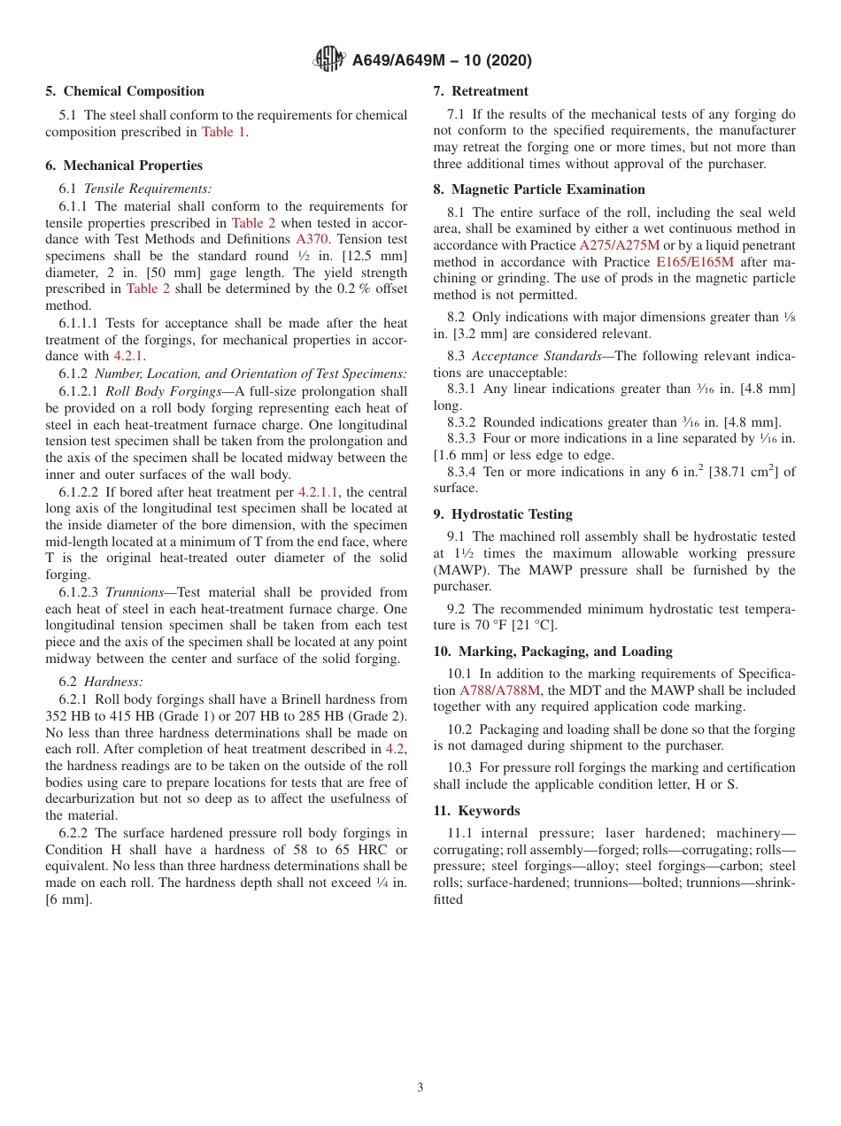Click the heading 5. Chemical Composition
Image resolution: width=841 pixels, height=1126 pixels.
[125, 91]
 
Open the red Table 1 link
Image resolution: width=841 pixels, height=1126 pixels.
[223, 132]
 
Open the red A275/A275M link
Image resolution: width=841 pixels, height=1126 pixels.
[619, 245]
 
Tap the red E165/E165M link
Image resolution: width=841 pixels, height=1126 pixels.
[694, 262]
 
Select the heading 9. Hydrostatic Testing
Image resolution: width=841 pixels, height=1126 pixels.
[503, 514]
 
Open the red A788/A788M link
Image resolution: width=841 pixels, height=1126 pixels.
[500, 690]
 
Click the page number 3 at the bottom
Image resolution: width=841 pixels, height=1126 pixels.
[420, 1088]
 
